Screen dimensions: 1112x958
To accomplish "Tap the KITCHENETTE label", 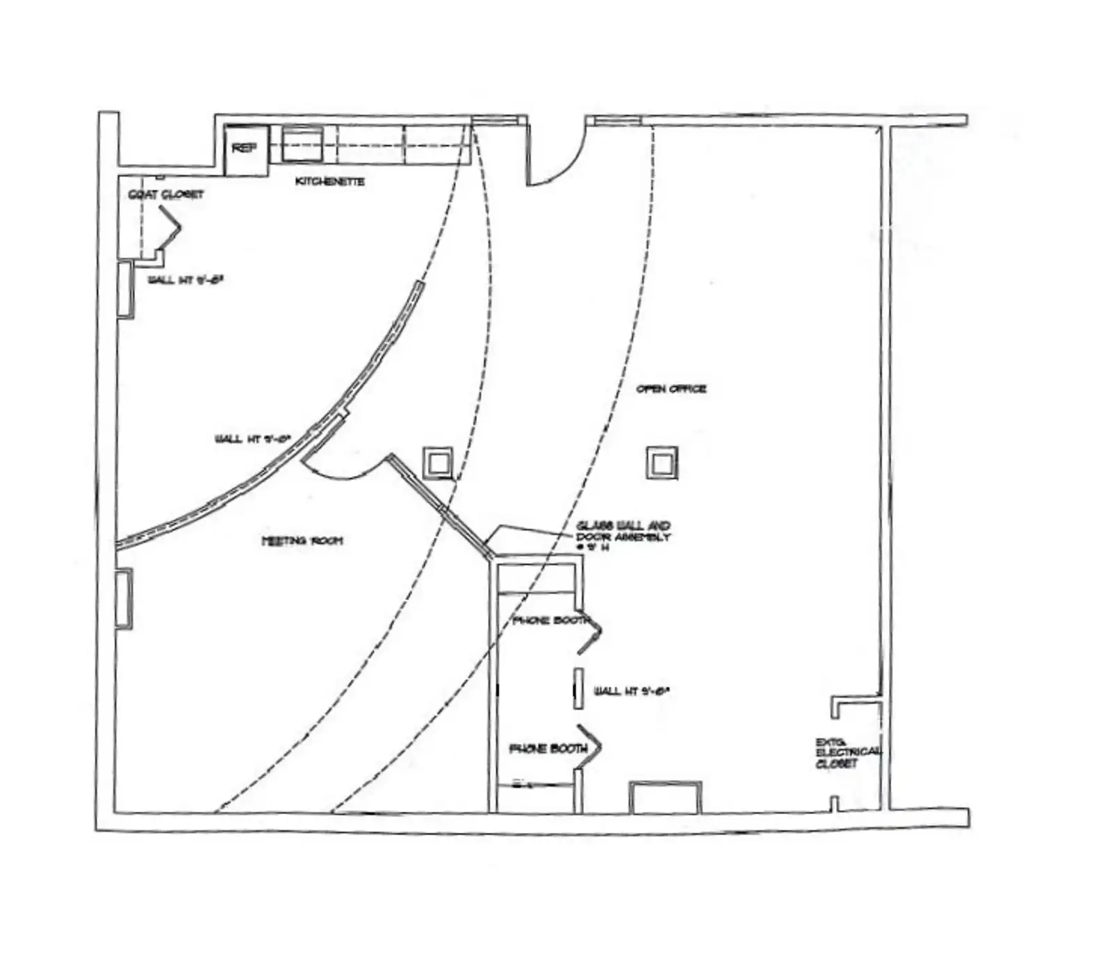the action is [329, 181].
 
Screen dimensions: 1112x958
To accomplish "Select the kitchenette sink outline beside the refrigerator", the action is [302, 143].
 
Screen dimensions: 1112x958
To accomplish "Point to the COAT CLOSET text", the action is [166, 195].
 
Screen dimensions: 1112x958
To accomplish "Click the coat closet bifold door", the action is [170, 227].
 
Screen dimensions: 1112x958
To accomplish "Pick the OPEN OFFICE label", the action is [671, 389].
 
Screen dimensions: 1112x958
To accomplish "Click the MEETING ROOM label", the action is [302, 540].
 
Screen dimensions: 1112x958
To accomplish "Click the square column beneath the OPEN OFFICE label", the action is [662, 462].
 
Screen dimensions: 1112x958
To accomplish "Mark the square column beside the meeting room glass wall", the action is [439, 462].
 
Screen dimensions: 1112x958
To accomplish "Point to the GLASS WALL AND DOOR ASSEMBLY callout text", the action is [623, 536].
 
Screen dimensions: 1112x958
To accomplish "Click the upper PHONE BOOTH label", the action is [551, 620].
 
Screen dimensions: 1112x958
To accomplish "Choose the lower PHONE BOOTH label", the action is [548, 748].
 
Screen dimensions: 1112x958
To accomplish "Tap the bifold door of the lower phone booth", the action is [589, 748].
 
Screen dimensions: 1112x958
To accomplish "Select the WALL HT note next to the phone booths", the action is [631, 691].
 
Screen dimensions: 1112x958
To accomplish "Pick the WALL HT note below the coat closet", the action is [185, 281].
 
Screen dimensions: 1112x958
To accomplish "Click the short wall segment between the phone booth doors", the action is [578, 688].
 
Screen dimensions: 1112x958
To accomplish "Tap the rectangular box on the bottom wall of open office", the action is [665, 797].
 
